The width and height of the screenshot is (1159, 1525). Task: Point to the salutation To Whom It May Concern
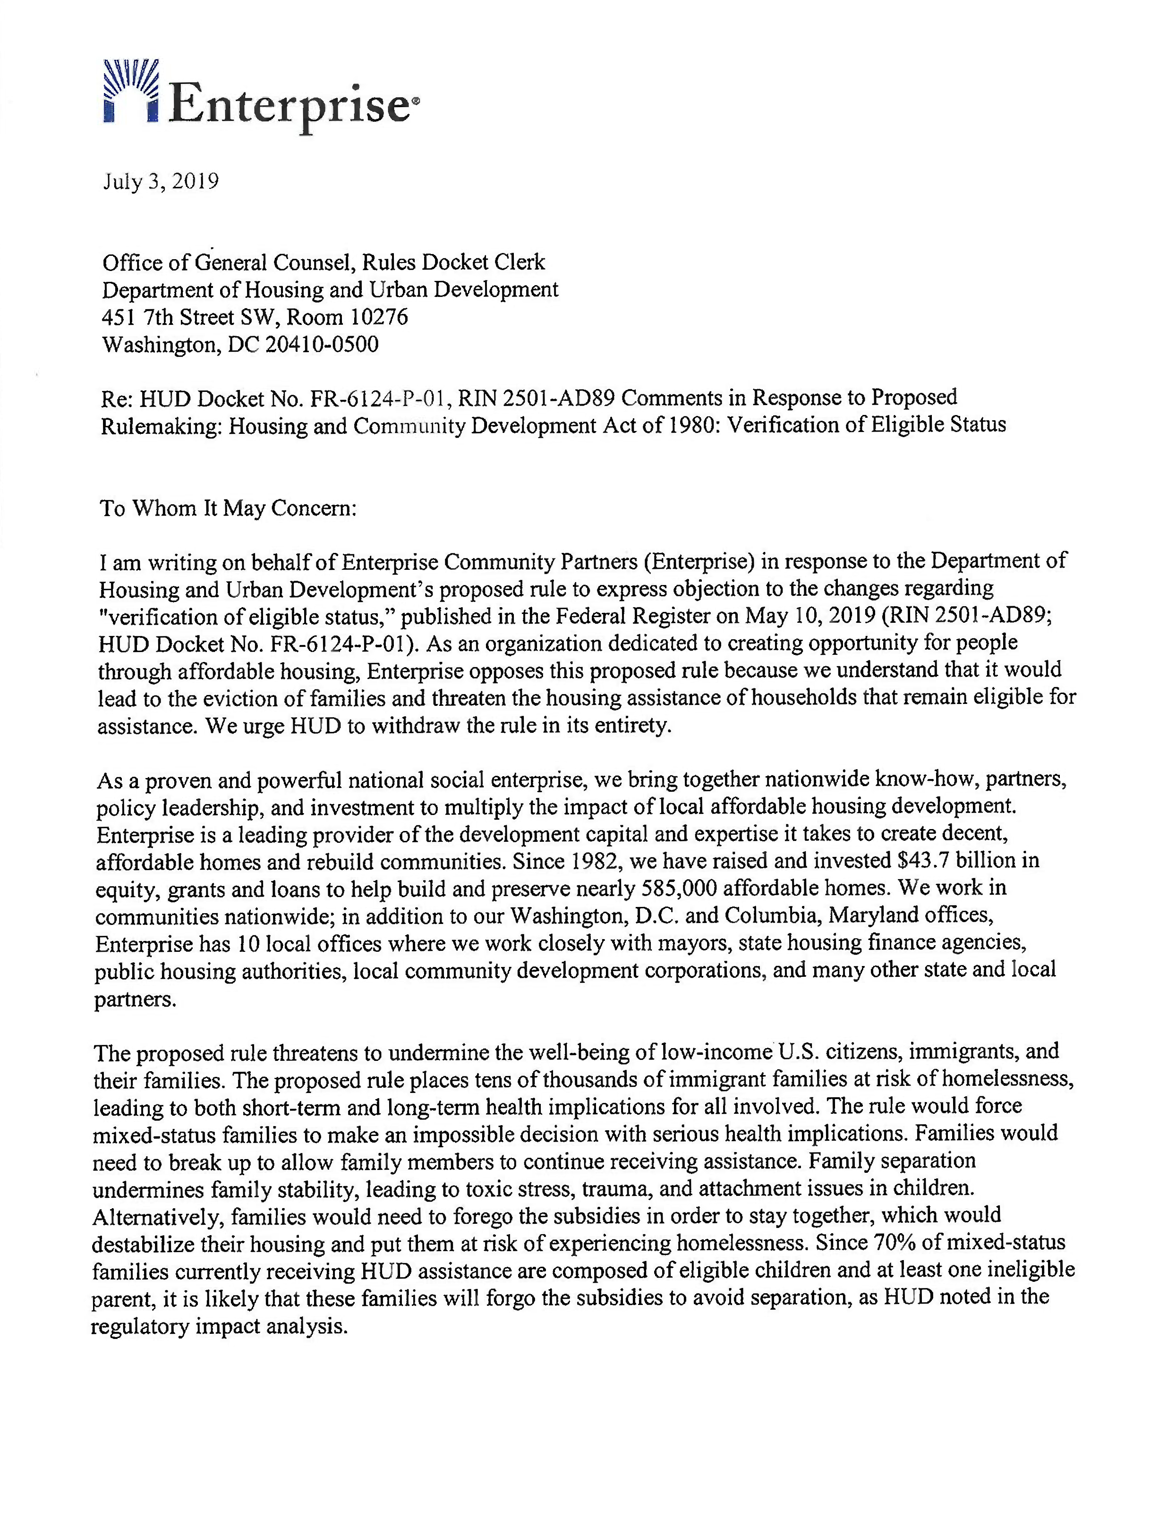pos(228,508)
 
